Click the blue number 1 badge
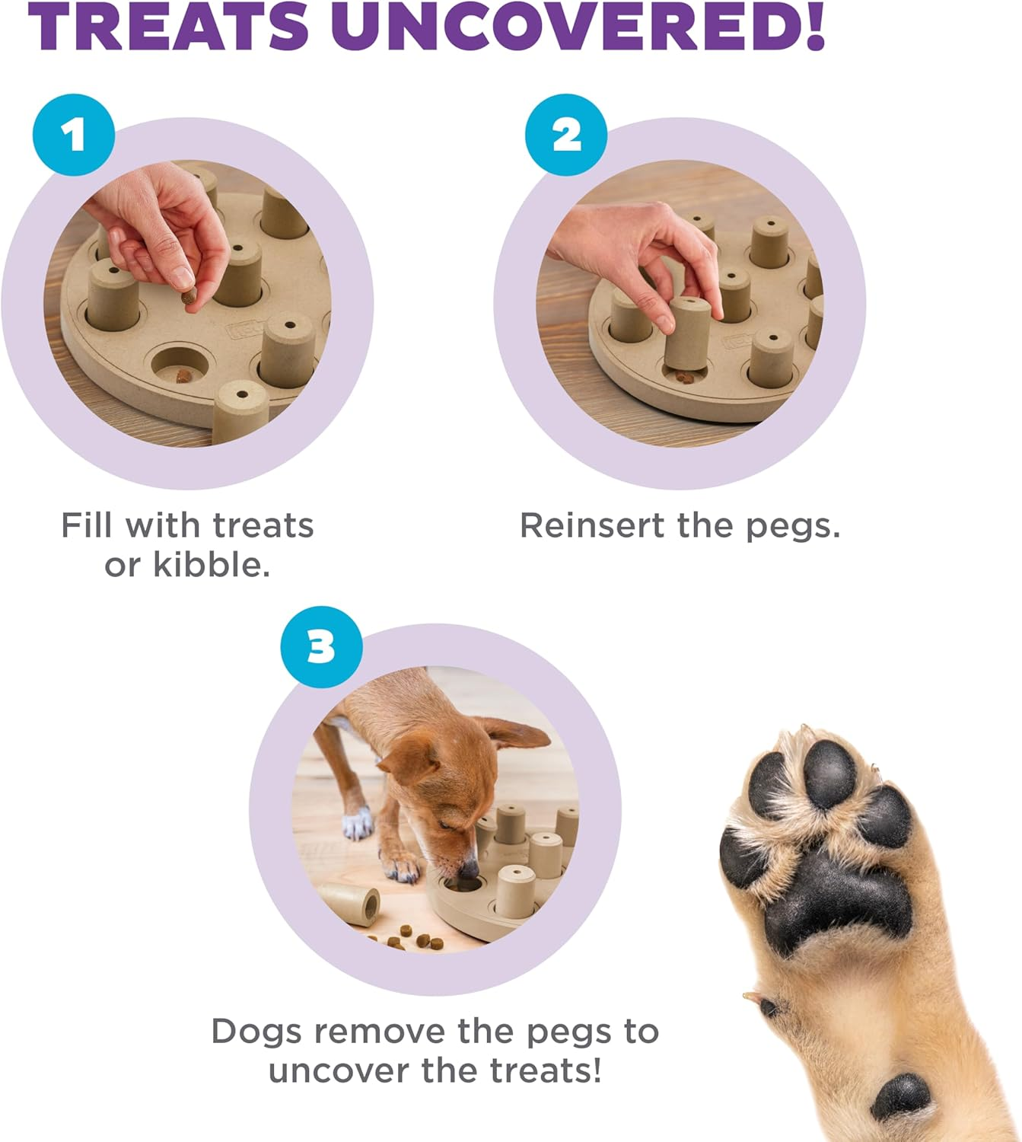click(x=74, y=136)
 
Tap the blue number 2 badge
click(x=566, y=136)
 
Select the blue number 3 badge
click(x=321, y=647)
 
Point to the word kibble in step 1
click(x=212, y=565)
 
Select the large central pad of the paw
click(x=837, y=898)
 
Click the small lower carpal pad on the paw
click(x=902, y=1096)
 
